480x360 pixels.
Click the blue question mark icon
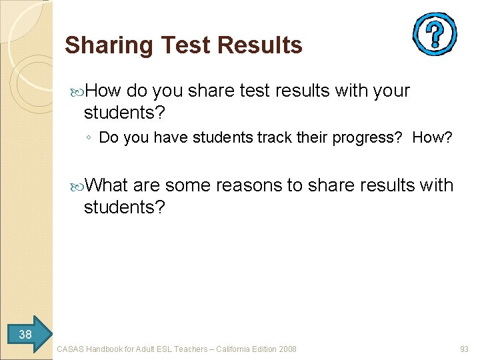tap(434, 34)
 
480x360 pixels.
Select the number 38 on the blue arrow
tap(25, 334)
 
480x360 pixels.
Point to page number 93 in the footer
tap(464, 349)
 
